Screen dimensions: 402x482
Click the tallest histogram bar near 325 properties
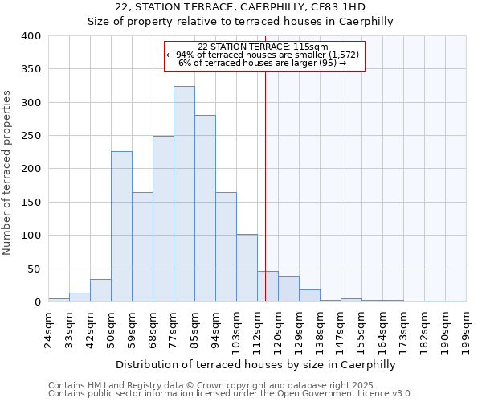pos(184,194)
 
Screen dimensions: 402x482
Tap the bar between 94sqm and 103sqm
pos(226,247)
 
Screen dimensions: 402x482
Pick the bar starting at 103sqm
pos(247,268)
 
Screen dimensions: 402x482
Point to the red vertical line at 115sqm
pos(265,185)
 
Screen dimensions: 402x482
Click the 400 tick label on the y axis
pos(31,36)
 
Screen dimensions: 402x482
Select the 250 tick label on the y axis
pos(31,136)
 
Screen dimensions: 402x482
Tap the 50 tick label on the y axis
pos(34,269)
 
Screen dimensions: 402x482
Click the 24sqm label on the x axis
pos(49,330)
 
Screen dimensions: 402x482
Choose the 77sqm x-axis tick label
pos(174,330)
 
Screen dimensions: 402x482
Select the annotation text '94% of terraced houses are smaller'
pos(265,55)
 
